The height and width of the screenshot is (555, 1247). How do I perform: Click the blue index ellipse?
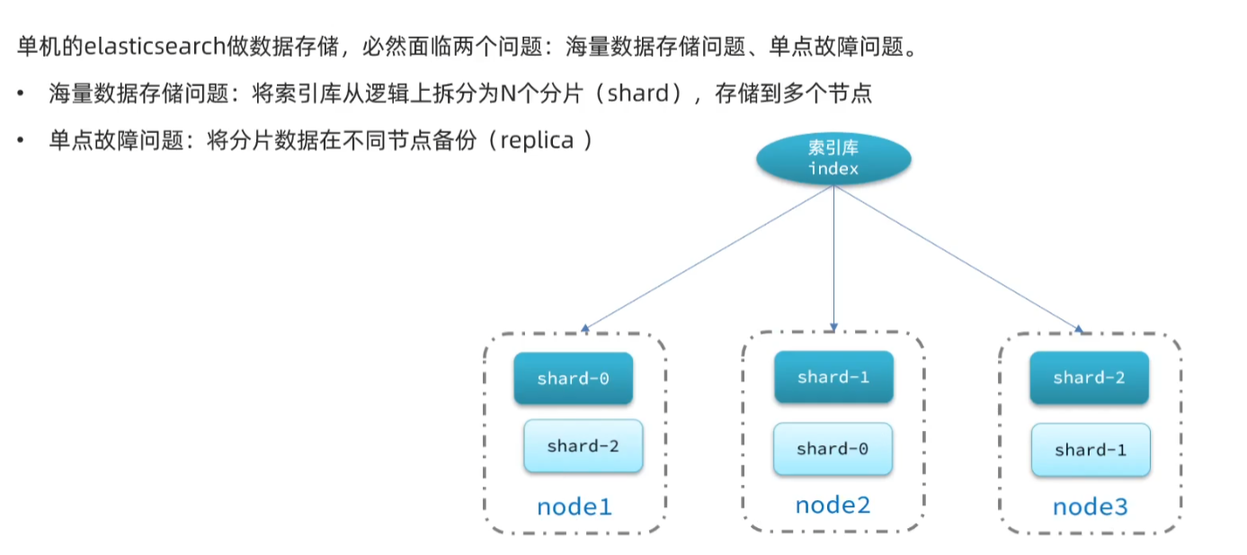(x=833, y=158)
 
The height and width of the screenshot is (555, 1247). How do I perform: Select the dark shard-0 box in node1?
(x=573, y=379)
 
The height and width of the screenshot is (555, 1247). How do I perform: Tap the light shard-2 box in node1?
(x=583, y=446)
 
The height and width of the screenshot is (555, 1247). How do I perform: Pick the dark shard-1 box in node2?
(x=833, y=377)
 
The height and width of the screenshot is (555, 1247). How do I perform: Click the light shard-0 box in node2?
(x=833, y=448)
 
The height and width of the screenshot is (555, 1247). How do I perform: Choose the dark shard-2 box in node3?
(x=1089, y=378)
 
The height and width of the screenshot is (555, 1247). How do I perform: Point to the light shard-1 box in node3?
(x=1090, y=450)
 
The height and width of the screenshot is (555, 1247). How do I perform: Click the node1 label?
(x=574, y=506)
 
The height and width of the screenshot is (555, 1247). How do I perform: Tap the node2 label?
(x=833, y=505)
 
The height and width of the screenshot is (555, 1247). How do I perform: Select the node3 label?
(x=1090, y=506)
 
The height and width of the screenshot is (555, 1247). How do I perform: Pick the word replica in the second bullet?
(x=537, y=141)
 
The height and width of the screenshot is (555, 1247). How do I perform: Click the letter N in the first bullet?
(x=506, y=94)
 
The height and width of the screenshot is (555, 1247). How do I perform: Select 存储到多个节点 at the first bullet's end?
(x=793, y=94)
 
